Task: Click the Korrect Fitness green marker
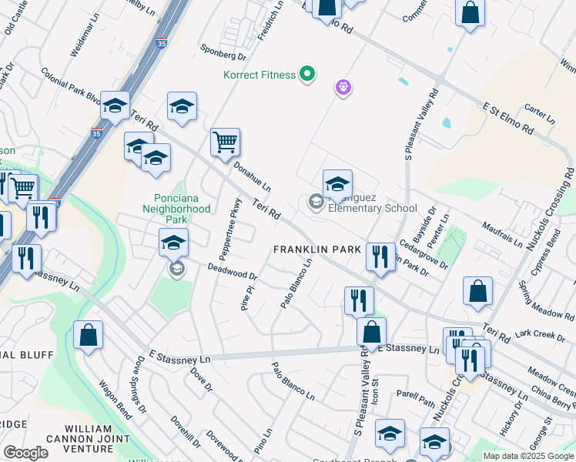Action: (307, 75)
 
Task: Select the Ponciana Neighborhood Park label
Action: (176, 203)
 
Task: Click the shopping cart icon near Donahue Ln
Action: (225, 142)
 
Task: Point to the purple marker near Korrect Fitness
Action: (343, 89)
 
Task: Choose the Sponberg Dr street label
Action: (225, 56)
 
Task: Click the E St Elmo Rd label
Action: (508, 115)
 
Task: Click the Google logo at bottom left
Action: (25, 453)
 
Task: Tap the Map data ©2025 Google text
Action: (528, 456)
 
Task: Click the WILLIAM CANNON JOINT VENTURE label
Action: (99, 438)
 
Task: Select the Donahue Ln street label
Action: (253, 176)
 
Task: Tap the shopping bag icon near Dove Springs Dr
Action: (89, 335)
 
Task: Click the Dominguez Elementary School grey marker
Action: (316, 202)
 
